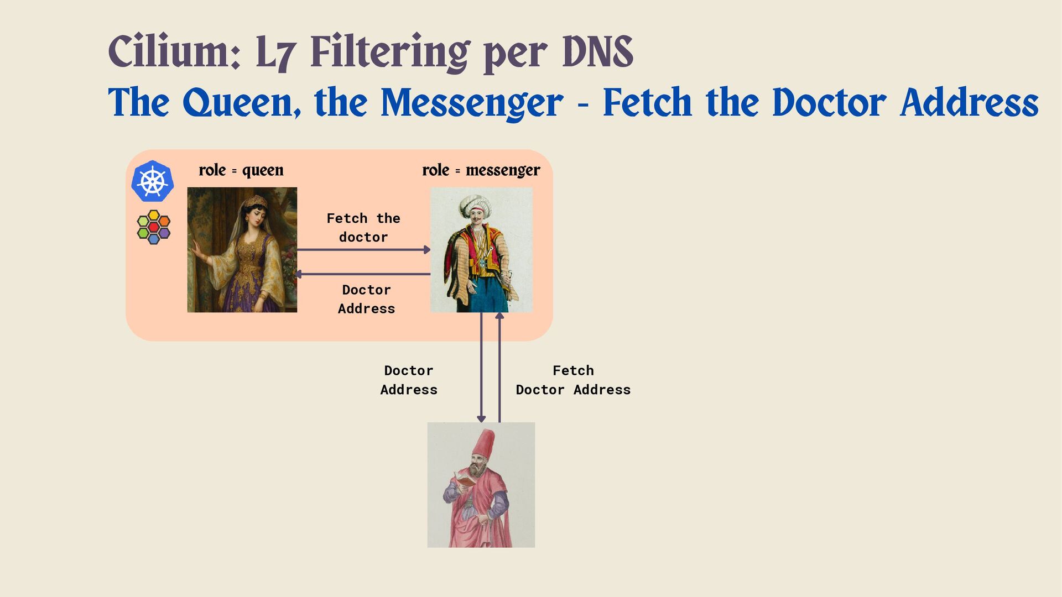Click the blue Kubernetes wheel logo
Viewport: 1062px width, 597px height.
coord(153,181)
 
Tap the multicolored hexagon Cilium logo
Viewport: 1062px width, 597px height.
coord(153,227)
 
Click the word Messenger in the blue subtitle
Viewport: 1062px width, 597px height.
coord(472,103)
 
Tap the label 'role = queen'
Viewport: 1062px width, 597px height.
coord(241,170)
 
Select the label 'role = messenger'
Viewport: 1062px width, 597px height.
coord(481,170)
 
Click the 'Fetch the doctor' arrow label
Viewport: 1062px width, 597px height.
coord(363,227)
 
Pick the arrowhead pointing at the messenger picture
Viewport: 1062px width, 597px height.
coord(427,250)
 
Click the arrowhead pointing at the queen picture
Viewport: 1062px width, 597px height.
coord(298,274)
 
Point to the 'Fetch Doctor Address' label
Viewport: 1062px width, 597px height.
coord(573,380)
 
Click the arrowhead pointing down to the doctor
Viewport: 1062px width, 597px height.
coord(481,418)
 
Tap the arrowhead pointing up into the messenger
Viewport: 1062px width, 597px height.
coord(499,316)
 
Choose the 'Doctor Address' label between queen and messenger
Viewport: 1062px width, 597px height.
coord(366,299)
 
